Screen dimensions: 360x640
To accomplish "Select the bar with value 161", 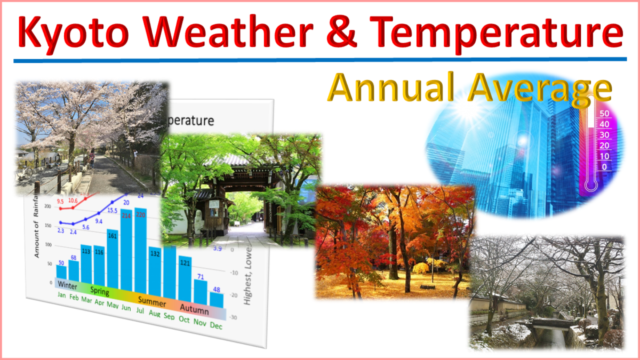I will tap(113, 259).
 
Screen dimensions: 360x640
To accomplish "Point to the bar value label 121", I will tap(185, 262).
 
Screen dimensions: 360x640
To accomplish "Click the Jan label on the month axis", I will tap(62, 295).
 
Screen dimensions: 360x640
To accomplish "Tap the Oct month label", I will tap(184, 319).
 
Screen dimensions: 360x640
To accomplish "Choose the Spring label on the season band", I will tap(100, 292).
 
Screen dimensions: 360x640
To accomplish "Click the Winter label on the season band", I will tap(67, 284).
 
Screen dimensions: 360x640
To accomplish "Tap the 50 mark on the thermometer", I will tap(604, 114).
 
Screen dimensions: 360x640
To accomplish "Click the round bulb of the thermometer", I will tap(590, 185).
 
